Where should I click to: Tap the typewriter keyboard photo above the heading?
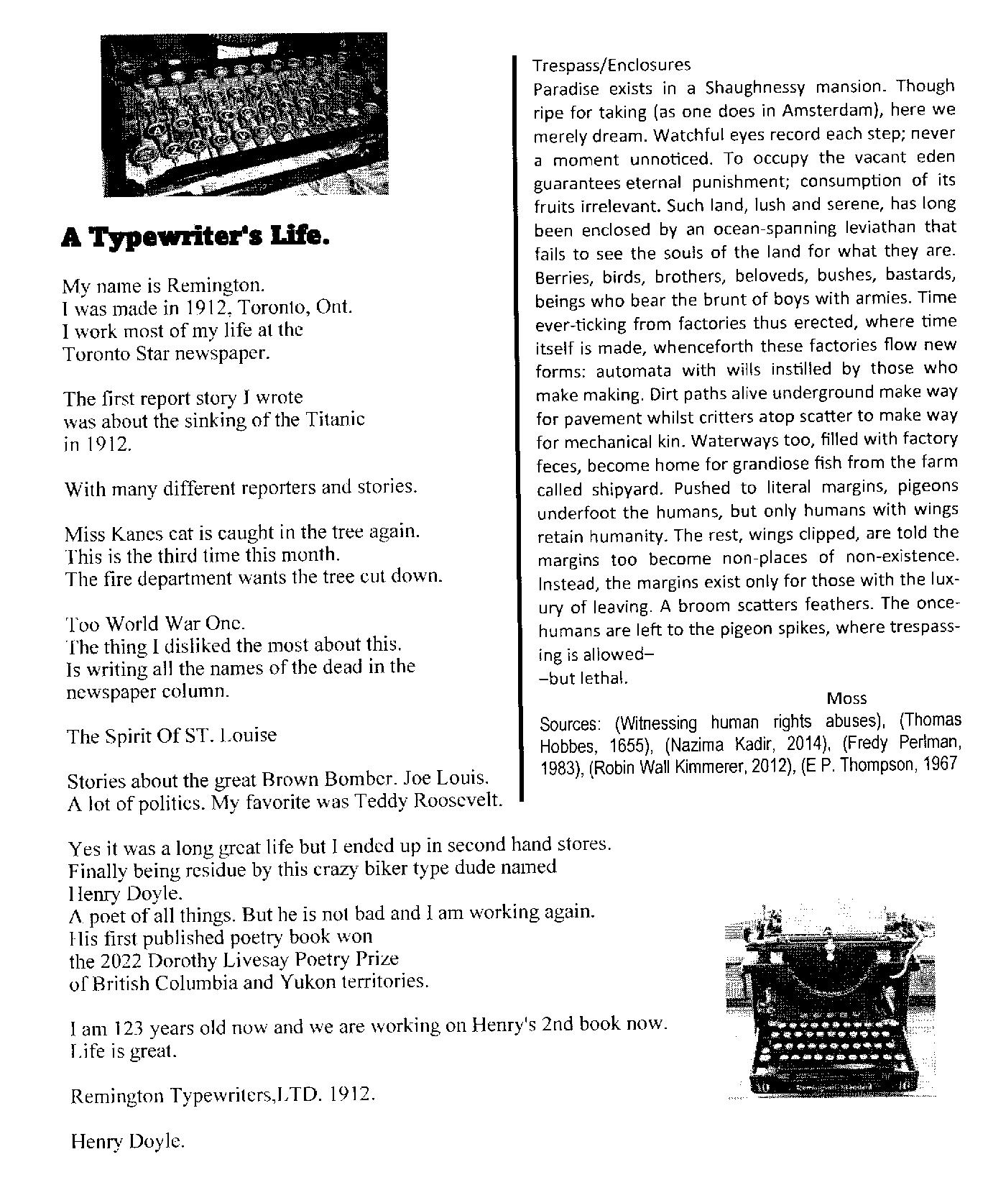click(x=245, y=114)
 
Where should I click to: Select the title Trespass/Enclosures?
click(x=611, y=65)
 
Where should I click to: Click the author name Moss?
click(x=846, y=698)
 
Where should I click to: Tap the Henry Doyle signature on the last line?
click(x=127, y=1141)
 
